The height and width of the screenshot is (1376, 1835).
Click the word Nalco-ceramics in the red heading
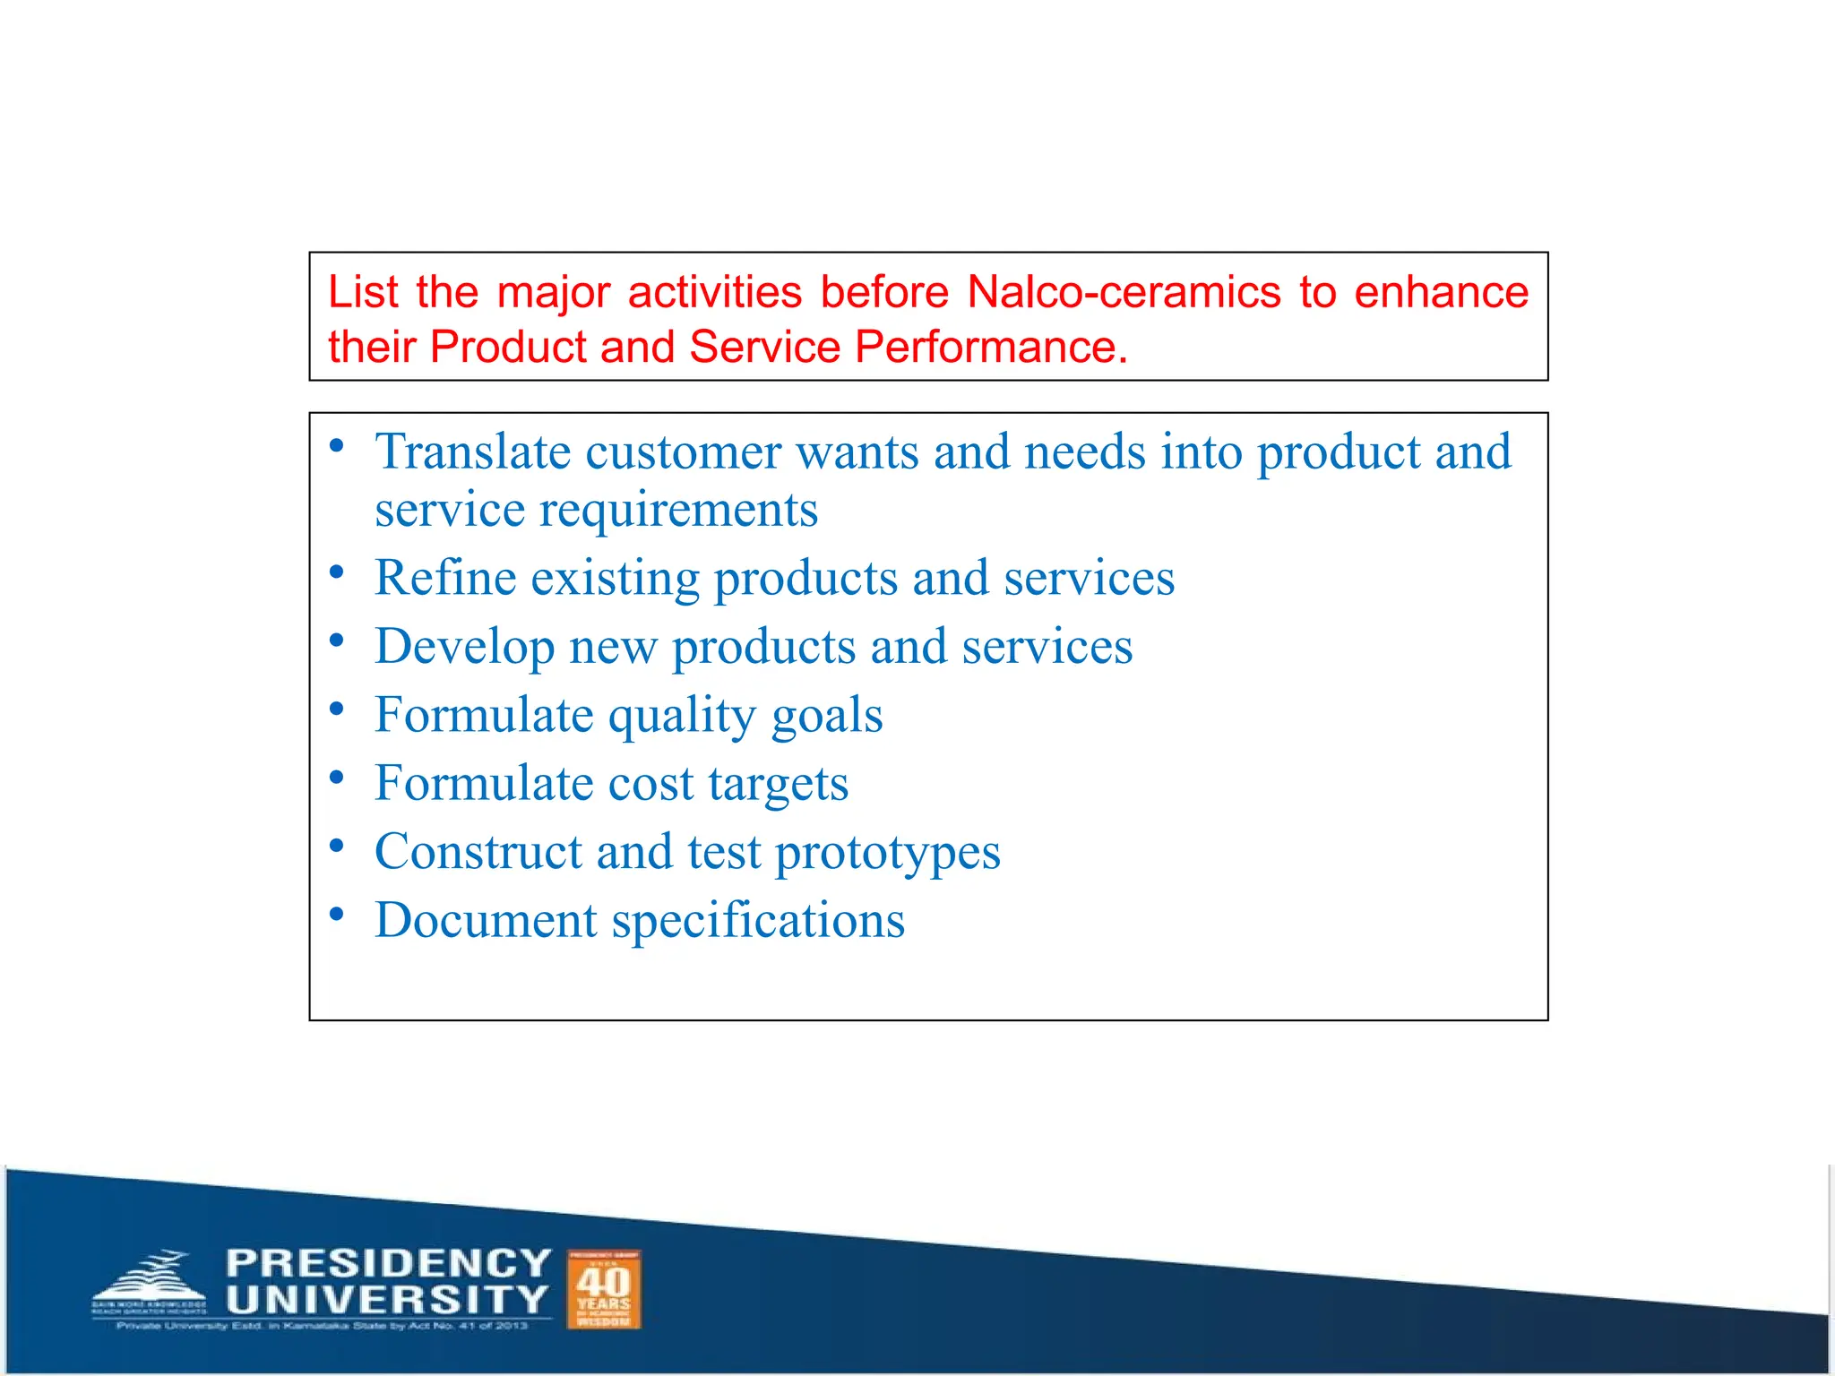click(1124, 293)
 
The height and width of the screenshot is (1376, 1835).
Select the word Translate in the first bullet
click(472, 451)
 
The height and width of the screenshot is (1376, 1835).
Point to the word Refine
click(444, 578)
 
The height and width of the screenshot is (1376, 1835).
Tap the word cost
click(650, 784)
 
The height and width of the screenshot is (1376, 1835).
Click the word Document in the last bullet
click(486, 921)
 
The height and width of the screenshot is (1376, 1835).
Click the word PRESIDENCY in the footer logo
click(388, 1263)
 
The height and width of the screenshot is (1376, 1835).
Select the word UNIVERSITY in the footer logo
click(388, 1299)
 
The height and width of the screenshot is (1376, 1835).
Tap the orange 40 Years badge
click(604, 1290)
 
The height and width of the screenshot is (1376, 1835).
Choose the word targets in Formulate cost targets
click(778, 785)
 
